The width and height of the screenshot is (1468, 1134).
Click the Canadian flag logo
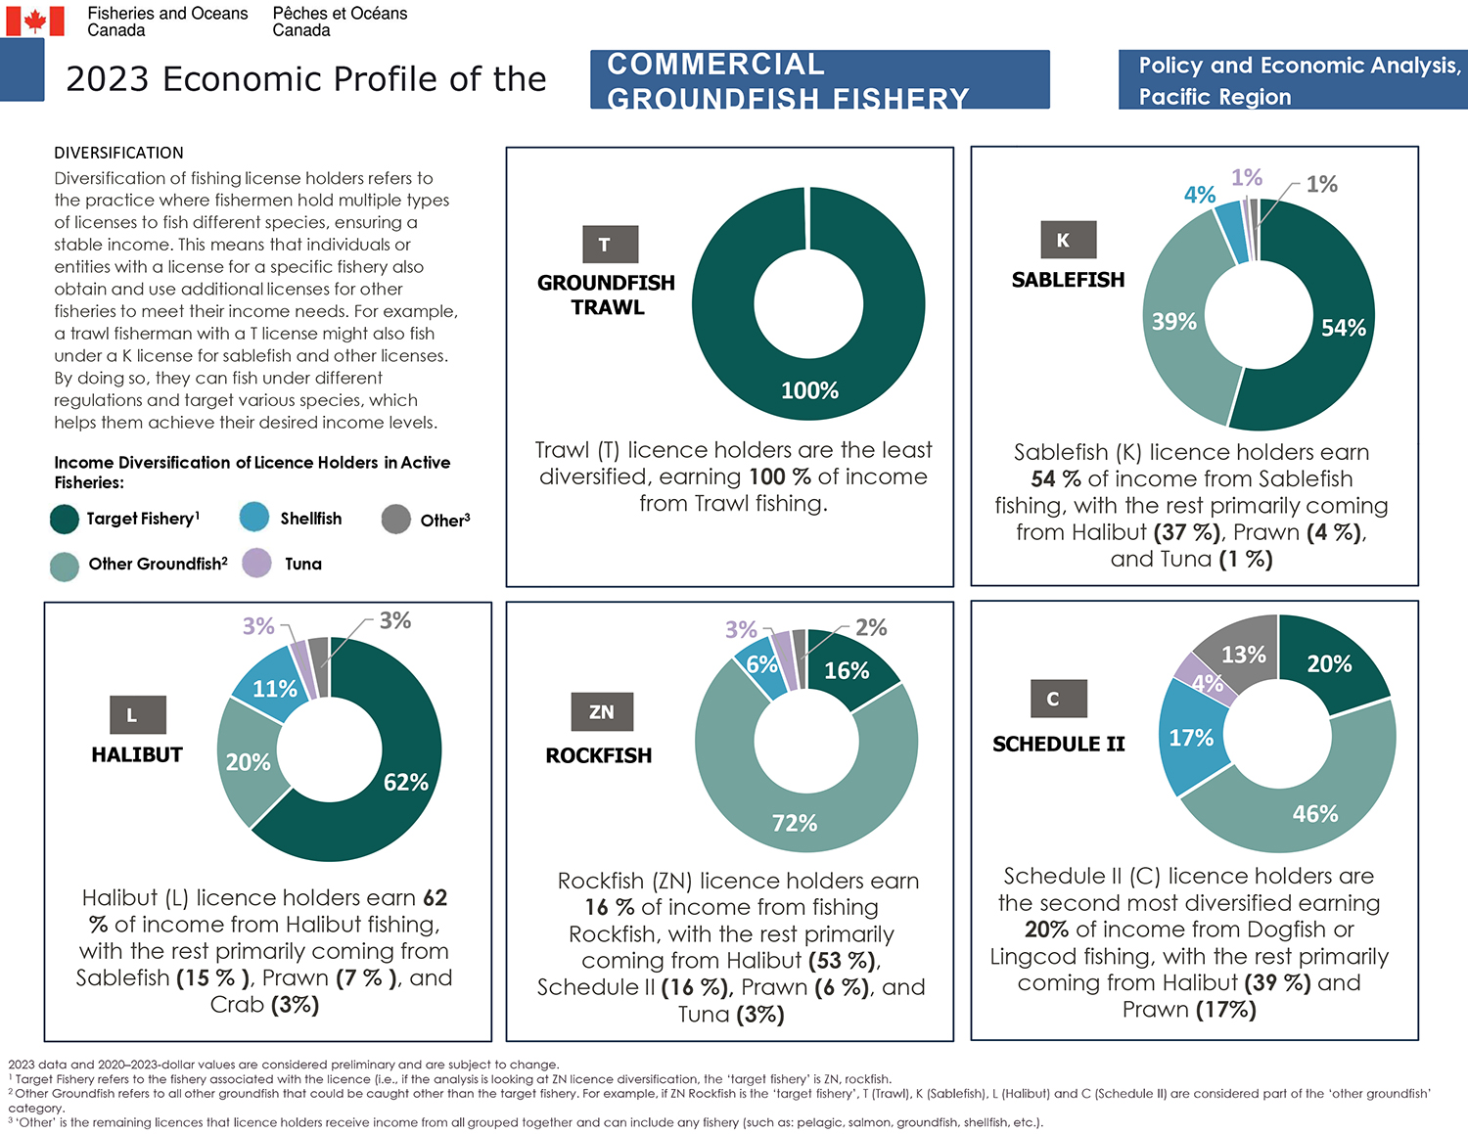[35, 21]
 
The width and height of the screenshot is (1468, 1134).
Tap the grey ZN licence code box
[602, 711]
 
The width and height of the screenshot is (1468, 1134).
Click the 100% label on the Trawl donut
[809, 390]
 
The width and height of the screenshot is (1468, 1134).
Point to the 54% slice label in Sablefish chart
[1343, 328]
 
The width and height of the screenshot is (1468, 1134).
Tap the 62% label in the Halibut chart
[405, 782]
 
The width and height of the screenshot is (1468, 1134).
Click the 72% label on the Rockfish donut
[794, 823]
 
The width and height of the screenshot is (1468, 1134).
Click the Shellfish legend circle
[253, 518]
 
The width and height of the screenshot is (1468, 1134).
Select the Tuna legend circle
[256, 563]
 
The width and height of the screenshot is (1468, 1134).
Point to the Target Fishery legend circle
[65, 519]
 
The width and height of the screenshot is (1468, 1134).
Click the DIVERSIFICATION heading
[118, 153]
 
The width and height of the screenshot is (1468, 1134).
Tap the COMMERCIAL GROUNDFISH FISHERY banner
[819, 79]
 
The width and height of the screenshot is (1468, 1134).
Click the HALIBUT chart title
[137, 754]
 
